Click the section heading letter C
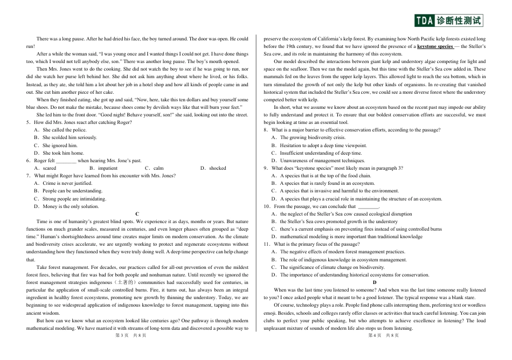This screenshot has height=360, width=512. click(137, 214)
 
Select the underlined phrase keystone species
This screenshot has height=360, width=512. click(435, 46)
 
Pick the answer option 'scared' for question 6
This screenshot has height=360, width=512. click(49, 168)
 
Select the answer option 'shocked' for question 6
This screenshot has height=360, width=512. click(217, 168)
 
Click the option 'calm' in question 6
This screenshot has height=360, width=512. click(158, 168)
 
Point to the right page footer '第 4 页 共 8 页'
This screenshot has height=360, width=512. click(383, 335)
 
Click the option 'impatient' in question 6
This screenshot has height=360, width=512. click(107, 168)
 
